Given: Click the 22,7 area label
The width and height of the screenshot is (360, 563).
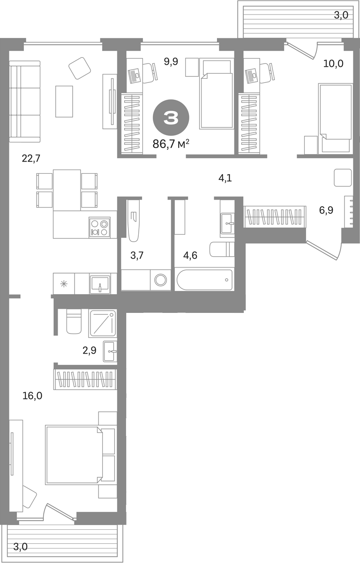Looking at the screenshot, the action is [31, 159].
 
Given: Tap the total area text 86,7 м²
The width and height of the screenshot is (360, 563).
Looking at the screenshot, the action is [171, 144].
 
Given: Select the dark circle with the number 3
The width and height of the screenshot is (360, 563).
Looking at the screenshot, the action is [171, 118].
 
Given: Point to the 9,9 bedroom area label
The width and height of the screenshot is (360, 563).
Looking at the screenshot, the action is [171, 61].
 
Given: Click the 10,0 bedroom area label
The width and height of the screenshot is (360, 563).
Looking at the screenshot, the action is [333, 64].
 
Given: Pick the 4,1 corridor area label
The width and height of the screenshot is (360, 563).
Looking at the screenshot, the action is [225, 178].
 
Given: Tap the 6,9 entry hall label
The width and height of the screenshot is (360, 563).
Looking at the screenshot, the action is [326, 210].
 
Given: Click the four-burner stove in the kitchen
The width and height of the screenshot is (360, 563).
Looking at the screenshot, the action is [99, 227].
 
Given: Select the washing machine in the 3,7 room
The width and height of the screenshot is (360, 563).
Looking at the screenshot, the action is [160, 280].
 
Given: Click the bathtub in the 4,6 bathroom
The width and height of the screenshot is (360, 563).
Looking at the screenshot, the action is [204, 280].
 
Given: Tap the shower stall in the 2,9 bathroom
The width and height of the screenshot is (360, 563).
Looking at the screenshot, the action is [102, 324].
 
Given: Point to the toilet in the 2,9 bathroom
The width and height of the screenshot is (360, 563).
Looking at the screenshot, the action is [74, 322].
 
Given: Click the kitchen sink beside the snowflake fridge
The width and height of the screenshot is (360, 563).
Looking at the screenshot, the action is [100, 283].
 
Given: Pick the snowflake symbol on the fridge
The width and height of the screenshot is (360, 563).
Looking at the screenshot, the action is [64, 284].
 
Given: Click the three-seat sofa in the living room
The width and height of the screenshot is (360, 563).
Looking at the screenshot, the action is [25, 101].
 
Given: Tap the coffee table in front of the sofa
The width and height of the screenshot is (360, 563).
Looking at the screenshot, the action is [64, 101].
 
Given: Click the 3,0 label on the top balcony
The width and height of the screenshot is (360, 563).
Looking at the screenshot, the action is [341, 15].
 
